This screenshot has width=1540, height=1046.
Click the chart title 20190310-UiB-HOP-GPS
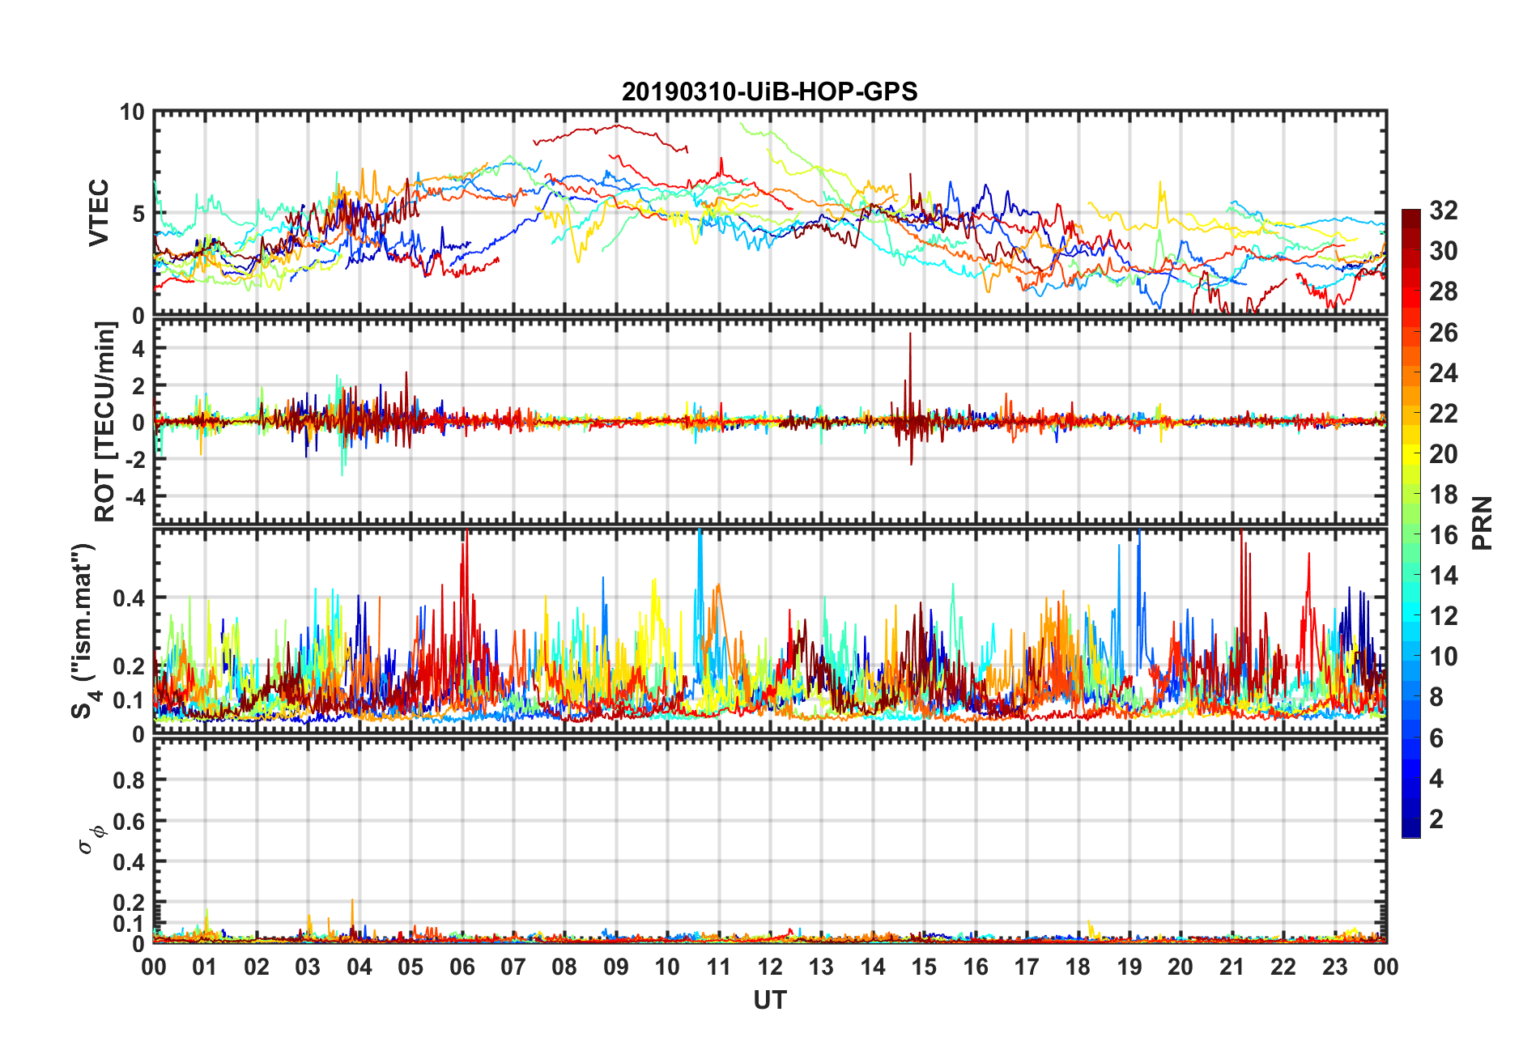[x=769, y=91]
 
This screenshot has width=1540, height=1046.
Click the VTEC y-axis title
[x=99, y=213]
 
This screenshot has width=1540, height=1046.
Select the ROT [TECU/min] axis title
[x=105, y=421]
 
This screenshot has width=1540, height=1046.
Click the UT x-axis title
[x=769, y=1001]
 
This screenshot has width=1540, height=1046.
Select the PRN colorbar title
[x=1482, y=523]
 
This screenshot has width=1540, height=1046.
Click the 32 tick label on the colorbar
[x=1444, y=210]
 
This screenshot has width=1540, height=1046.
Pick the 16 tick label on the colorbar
[x=1444, y=535]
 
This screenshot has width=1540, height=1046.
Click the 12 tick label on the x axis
[x=770, y=967]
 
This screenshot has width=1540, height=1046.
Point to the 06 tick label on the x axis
[x=462, y=967]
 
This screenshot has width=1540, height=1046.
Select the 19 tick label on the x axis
[x=1129, y=967]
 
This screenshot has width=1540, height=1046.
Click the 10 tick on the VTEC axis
[x=131, y=113]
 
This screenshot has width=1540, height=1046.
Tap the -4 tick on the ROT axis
[x=134, y=495]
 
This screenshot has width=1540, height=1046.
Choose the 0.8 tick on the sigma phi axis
[x=130, y=780]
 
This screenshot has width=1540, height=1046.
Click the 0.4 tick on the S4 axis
[x=130, y=598]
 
